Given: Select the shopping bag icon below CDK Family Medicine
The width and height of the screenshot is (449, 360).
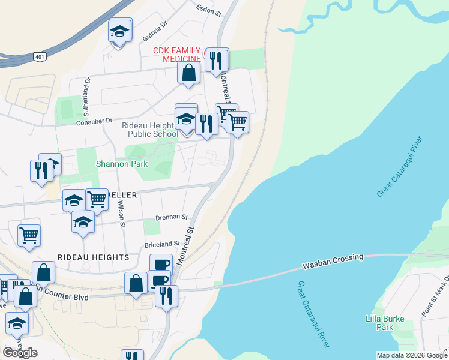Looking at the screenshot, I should click(x=188, y=74).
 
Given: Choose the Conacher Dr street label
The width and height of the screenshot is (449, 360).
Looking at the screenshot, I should click(x=94, y=121).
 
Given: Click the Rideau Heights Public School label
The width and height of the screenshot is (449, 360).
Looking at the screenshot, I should click(x=149, y=130).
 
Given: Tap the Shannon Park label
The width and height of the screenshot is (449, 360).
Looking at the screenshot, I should click(x=114, y=163).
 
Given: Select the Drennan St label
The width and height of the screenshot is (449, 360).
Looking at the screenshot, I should click(x=172, y=217).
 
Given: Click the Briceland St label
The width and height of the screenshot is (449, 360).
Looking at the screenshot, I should click(x=162, y=244).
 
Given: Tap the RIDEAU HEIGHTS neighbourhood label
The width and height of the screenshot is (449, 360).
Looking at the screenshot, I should click(x=93, y=257).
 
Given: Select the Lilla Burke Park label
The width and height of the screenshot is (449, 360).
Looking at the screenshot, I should click(x=385, y=323).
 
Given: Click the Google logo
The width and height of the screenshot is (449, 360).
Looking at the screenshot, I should click(x=20, y=353).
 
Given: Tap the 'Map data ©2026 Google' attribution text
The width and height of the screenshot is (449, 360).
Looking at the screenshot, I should click(x=411, y=355).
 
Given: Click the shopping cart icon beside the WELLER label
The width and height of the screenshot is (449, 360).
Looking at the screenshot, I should click(x=97, y=200).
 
